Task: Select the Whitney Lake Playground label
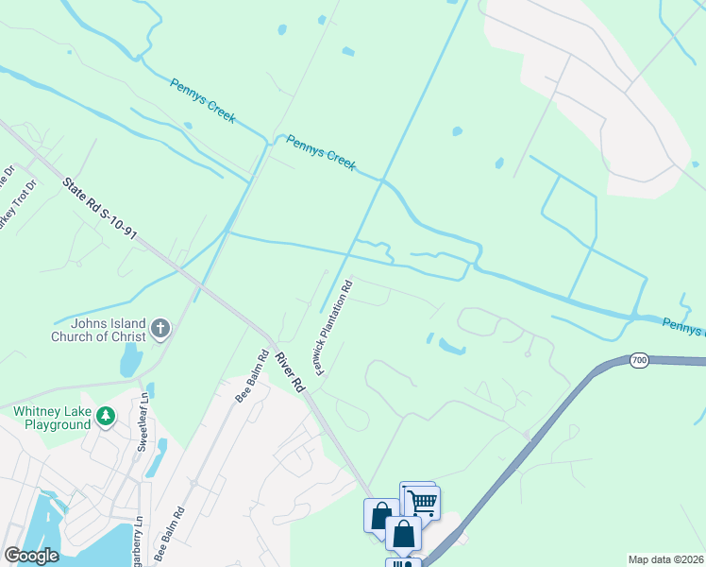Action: click(53, 418)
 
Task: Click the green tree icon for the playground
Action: click(108, 416)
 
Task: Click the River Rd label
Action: click(291, 371)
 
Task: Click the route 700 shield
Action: click(639, 360)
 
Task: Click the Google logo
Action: click(30, 556)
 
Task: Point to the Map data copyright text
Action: click(666, 559)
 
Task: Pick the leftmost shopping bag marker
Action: click(380, 516)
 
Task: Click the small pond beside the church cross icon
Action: click(130, 359)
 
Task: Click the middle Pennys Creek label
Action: click(321, 153)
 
